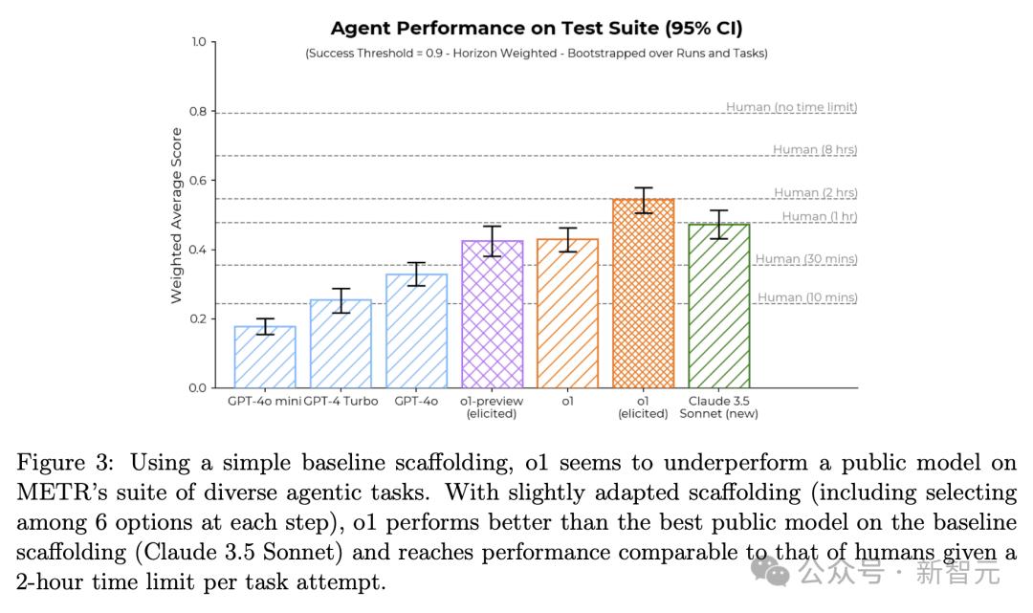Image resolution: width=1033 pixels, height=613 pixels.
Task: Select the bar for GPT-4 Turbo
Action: tap(341, 344)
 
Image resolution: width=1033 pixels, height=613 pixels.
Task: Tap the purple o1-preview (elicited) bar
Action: tap(492, 315)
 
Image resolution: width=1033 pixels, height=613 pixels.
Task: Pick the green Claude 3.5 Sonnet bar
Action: tap(719, 306)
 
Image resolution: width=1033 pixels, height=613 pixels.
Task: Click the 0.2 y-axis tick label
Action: tap(196, 318)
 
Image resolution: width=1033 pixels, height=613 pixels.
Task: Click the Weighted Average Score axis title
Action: tap(177, 215)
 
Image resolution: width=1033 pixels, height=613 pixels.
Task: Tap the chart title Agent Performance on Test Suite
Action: tap(536, 28)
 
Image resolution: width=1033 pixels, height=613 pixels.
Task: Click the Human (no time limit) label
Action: tap(791, 107)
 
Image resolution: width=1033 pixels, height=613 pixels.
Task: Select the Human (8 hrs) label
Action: tap(814, 149)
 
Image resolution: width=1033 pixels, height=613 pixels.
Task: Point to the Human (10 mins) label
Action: tap(807, 297)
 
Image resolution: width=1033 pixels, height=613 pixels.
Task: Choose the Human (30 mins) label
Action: tap(805, 259)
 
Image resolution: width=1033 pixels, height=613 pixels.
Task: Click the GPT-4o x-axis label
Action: tap(416, 401)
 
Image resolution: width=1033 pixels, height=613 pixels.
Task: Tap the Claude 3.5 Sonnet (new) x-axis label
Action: tap(718, 407)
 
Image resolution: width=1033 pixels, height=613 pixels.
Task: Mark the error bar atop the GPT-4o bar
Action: tap(416, 274)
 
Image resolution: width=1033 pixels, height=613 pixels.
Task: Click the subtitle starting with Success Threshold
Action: tap(536, 54)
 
